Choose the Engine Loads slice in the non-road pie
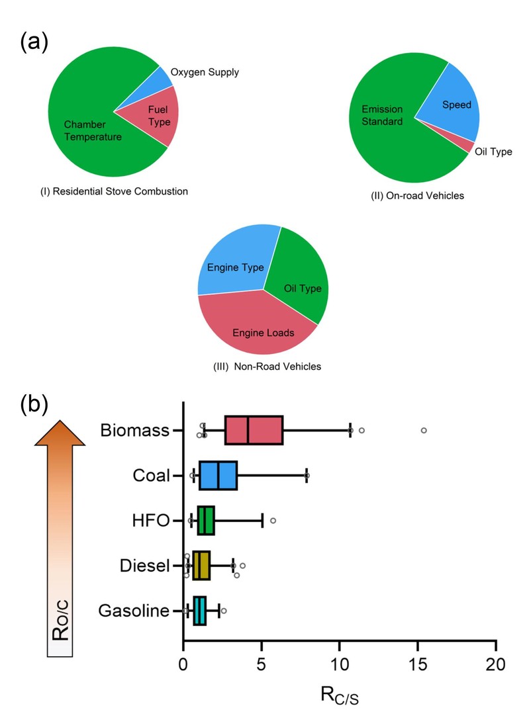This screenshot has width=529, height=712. click(x=258, y=328)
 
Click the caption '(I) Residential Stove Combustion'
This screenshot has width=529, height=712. click(x=115, y=192)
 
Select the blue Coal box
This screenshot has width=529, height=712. click(x=218, y=476)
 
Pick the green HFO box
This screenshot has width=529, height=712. click(x=206, y=521)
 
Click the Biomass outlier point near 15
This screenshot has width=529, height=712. click(x=424, y=430)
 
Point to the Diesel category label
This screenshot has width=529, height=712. click(x=146, y=566)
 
